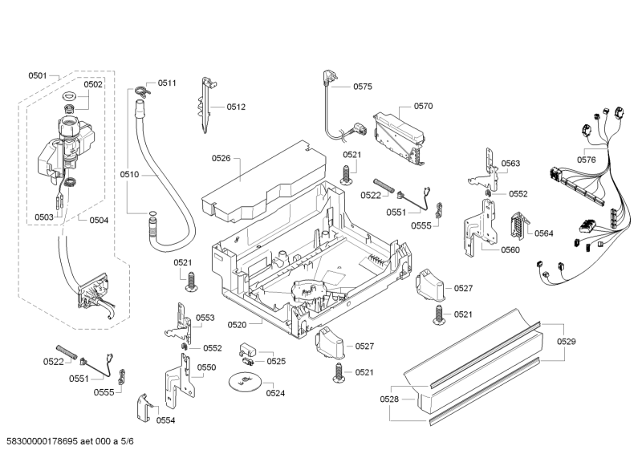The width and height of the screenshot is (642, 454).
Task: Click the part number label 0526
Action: tap(221, 159)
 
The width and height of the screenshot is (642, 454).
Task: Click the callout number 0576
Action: tap(587, 160)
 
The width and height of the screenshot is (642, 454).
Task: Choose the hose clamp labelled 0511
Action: tap(142, 90)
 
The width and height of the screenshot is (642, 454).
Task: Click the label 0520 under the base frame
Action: tap(259, 325)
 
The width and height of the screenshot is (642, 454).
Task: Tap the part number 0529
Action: tap(567, 342)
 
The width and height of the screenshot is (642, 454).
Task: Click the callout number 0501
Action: tap(38, 75)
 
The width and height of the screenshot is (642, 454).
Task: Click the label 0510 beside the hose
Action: tap(129, 174)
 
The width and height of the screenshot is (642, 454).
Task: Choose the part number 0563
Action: tap(511, 164)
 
